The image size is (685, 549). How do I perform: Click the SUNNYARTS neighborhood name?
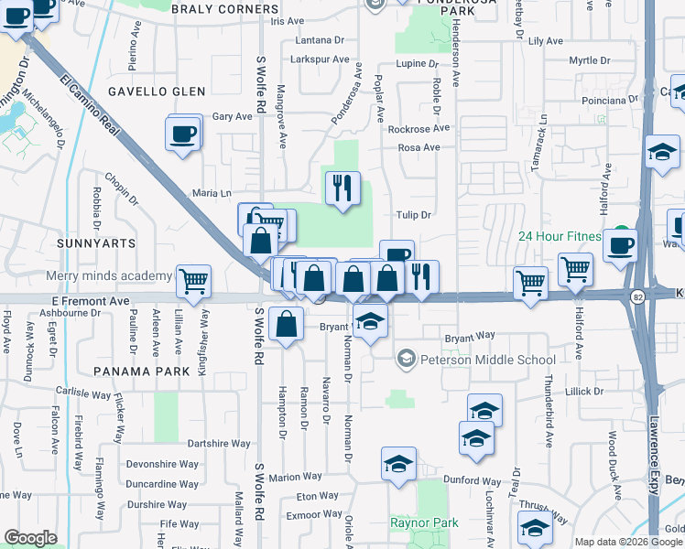[x=95, y=244]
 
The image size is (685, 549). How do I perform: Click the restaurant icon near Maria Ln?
[x=342, y=188]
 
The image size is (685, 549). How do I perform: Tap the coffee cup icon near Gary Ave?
[x=183, y=134]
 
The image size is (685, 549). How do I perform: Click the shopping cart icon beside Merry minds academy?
[x=193, y=282]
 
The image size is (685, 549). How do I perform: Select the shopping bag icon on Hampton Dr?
[x=286, y=325]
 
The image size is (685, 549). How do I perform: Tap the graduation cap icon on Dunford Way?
[x=398, y=465]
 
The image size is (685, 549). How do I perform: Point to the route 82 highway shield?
[x=636, y=296]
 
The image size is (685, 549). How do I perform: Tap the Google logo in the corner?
[x=30, y=538]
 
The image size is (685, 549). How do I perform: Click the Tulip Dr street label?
[x=412, y=215]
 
